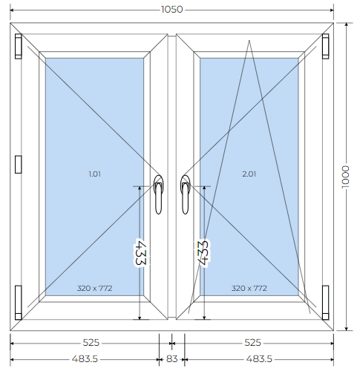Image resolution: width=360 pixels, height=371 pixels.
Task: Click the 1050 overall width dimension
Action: pos(172,10)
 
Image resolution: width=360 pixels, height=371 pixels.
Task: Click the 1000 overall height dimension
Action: pos(345,177)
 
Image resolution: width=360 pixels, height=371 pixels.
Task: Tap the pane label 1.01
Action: pos(95,174)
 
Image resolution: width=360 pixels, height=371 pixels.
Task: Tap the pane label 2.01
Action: pos(249,174)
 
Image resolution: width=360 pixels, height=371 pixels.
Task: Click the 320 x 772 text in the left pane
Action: pos(95,288)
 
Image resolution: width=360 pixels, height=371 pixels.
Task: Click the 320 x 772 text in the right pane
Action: pos(249,288)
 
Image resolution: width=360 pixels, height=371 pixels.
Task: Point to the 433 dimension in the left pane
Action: pos(140,252)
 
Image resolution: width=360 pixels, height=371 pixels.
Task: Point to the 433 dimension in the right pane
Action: pos(203,253)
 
